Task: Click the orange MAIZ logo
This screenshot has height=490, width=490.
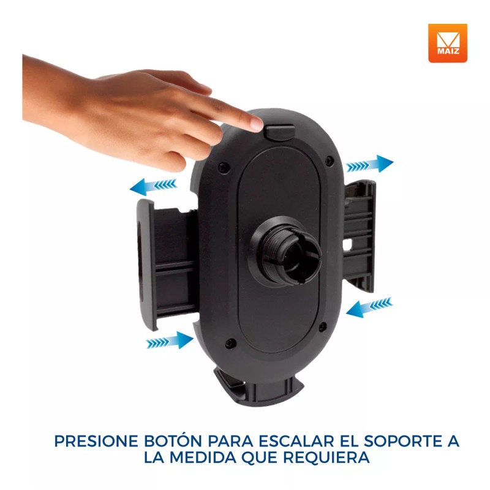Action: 447,43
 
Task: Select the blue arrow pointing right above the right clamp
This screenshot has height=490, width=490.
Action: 369,164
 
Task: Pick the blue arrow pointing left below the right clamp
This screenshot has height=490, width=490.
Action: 369,307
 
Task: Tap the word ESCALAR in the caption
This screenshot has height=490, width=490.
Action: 303,441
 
